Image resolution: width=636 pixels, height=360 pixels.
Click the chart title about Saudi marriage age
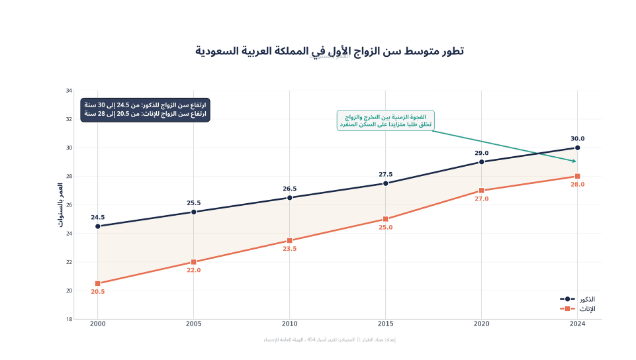pos(330,51)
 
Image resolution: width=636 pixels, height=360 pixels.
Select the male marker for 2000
pos(98,226)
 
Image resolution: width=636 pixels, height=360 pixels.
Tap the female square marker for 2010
pos(290,240)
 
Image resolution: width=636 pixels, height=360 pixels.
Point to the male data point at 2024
pos(577,148)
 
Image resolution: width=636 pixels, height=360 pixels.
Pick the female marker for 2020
pos(481,191)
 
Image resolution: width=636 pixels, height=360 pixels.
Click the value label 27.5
pos(385,175)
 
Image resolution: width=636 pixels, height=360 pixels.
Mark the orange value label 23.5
pos(290,249)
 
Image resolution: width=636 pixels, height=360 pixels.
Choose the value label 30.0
pos(577,139)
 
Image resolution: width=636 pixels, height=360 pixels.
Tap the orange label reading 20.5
pos(98,292)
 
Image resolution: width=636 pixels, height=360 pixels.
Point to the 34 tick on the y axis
pos(69,91)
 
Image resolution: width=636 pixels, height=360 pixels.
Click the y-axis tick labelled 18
pos(69,319)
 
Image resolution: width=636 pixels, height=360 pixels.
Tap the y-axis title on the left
pos(60,205)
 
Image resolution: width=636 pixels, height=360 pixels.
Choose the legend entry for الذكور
pos(577,299)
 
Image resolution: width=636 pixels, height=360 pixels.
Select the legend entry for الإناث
pos(577,309)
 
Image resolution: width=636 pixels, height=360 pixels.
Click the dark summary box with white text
pos(145,110)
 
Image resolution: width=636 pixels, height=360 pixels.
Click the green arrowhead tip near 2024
pos(575,161)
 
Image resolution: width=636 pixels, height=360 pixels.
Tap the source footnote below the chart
pos(330,339)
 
